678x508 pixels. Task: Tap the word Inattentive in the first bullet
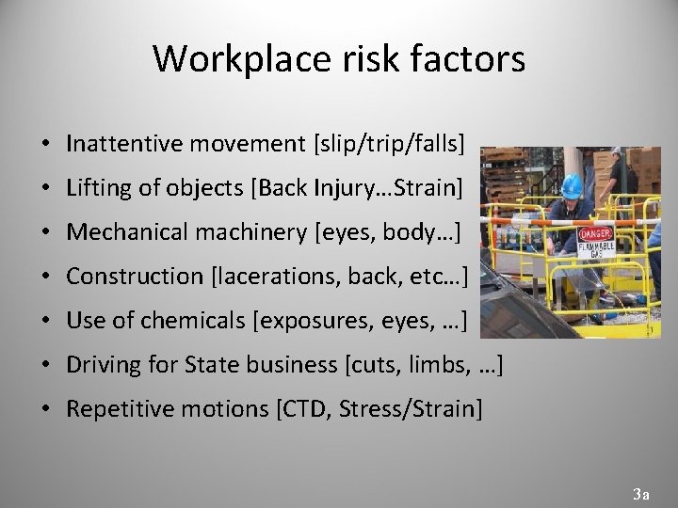[126, 143]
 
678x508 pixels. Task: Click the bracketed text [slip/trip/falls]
[389, 143]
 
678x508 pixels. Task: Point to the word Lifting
[99, 187]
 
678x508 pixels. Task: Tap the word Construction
[134, 276]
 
